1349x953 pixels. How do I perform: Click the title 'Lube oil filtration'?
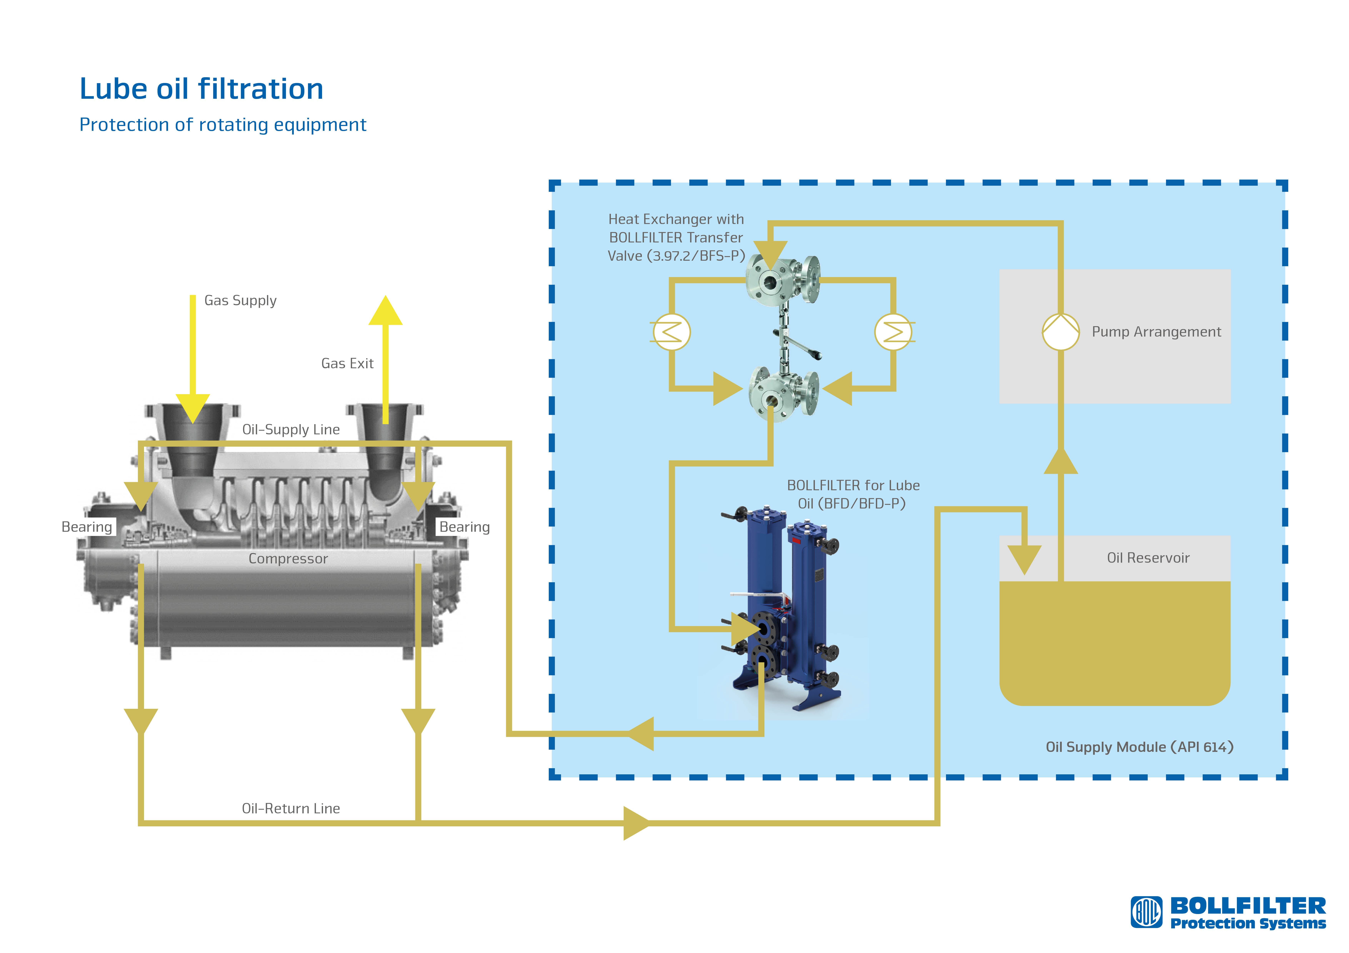click(202, 89)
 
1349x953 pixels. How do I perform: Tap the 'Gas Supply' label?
click(240, 301)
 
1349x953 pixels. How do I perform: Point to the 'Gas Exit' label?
click(347, 363)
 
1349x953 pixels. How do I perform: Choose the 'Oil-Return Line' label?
click(291, 809)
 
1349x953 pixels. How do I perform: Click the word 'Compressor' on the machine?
click(288, 558)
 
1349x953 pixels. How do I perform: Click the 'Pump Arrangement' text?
click(1156, 332)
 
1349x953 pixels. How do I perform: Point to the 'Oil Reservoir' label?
click(1148, 558)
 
